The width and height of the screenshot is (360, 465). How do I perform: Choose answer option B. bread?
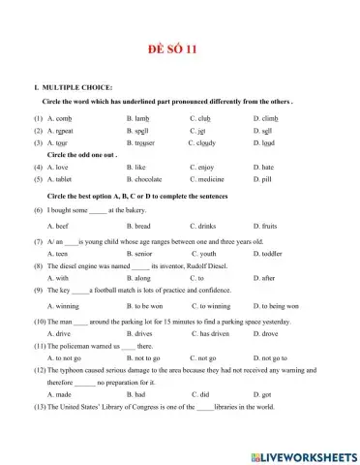click(x=140, y=225)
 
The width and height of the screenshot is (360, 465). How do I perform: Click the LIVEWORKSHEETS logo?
click(x=303, y=456)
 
